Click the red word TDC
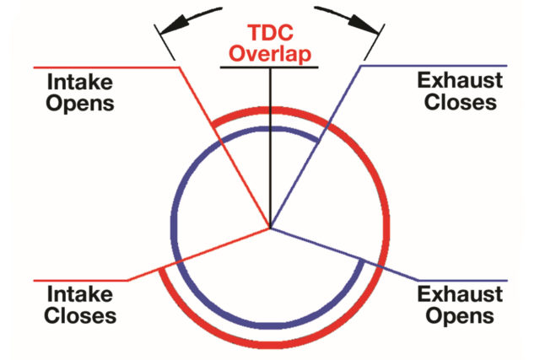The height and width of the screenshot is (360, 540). pyautogui.click(x=271, y=33)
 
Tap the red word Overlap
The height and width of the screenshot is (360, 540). pyautogui.click(x=270, y=54)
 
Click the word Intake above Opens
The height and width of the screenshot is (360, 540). pyautogui.click(x=80, y=82)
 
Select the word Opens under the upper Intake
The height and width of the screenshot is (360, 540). pyautogui.click(x=80, y=104)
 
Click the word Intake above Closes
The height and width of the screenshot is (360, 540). pyautogui.click(x=80, y=294)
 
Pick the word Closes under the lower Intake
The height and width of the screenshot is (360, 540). pyautogui.click(x=80, y=315)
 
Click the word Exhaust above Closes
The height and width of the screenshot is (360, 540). pyautogui.click(x=460, y=81)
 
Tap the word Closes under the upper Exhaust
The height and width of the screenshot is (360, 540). pyautogui.click(x=461, y=102)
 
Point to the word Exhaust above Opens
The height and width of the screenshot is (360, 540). pyautogui.click(x=460, y=294)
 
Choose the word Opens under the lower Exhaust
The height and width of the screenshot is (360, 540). pyautogui.click(x=460, y=316)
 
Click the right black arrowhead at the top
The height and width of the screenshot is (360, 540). pyautogui.click(x=364, y=24)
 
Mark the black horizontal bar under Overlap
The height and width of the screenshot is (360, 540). pyautogui.click(x=269, y=67)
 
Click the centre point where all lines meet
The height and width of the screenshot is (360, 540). pyautogui.click(x=270, y=228)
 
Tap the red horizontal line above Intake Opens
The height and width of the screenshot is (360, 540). pyautogui.click(x=106, y=67)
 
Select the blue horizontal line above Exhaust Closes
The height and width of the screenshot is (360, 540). pyautogui.click(x=434, y=66)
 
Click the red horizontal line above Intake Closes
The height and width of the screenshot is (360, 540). pyautogui.click(x=81, y=281)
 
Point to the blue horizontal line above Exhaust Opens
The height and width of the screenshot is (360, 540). pyautogui.click(x=463, y=281)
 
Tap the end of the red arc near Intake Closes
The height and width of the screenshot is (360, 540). pyautogui.click(x=161, y=269)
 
